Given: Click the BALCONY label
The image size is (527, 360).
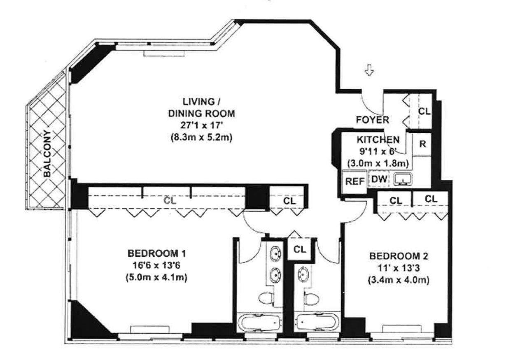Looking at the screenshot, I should (x=47, y=153).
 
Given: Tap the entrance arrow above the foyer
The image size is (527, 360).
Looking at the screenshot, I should (x=369, y=71).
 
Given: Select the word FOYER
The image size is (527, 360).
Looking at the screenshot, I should (x=373, y=120).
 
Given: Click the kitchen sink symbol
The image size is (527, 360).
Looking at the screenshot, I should (x=401, y=179).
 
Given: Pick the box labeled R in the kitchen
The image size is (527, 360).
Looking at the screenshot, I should (x=422, y=144).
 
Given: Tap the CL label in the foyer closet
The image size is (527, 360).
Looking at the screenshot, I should (x=424, y=111).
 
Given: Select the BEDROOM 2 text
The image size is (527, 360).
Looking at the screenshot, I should (x=399, y=256).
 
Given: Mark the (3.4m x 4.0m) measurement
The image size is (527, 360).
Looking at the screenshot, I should (x=399, y=281).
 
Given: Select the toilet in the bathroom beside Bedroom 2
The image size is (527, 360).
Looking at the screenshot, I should (x=310, y=297).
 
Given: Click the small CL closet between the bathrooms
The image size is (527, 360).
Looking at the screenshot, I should (x=299, y=249).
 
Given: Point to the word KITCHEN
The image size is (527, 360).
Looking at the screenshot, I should (x=378, y=139).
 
